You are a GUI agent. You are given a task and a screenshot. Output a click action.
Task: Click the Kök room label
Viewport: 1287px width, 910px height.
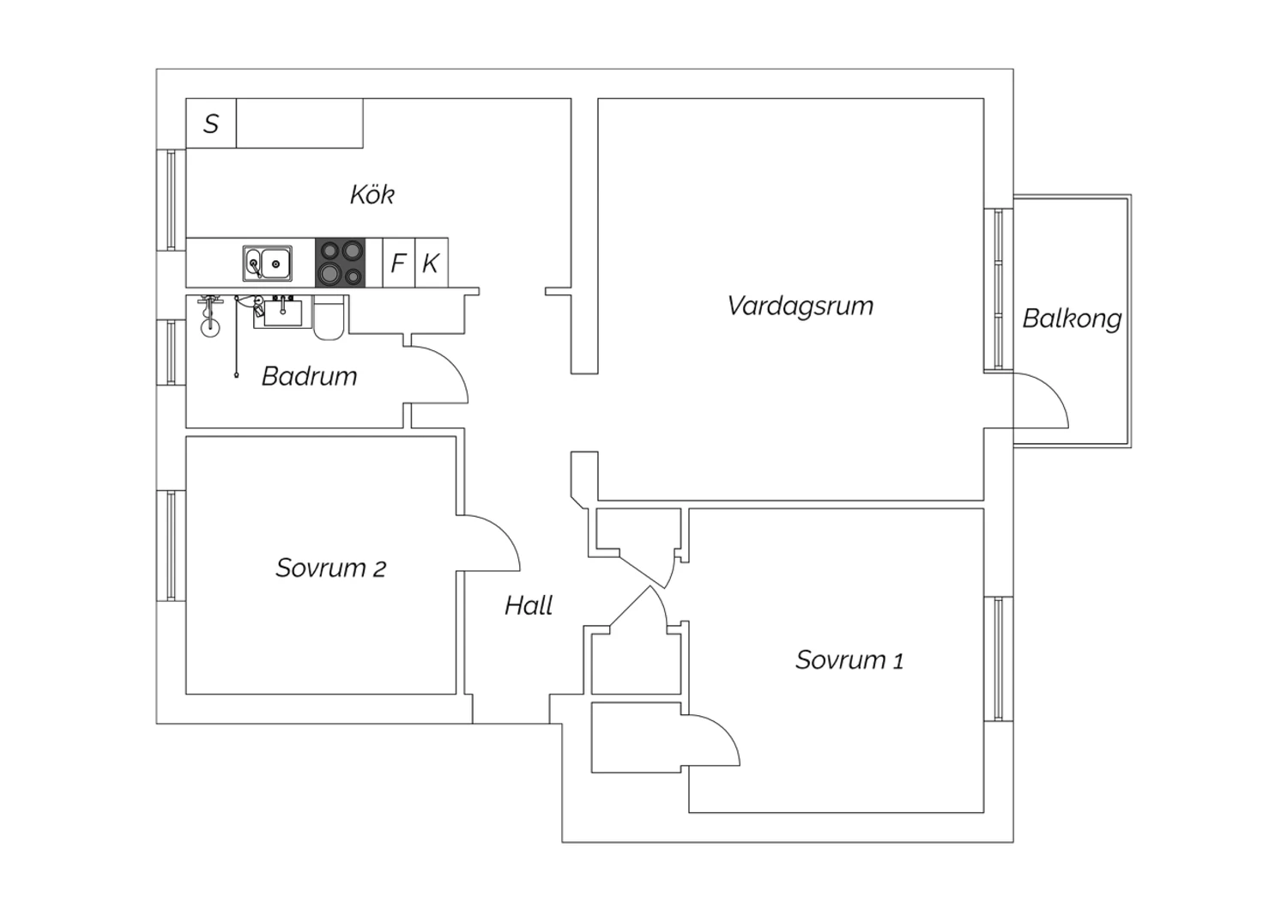click(x=372, y=194)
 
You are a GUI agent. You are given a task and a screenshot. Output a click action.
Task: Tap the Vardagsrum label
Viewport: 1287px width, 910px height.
click(x=801, y=306)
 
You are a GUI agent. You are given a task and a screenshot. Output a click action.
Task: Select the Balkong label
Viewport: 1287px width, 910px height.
click(x=1072, y=319)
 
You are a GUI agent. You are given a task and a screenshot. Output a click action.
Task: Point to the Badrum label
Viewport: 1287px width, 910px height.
click(x=309, y=376)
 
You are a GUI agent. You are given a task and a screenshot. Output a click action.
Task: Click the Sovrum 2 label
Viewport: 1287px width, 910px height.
click(x=331, y=568)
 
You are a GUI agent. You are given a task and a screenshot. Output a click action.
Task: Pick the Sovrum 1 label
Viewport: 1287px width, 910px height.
click(x=849, y=660)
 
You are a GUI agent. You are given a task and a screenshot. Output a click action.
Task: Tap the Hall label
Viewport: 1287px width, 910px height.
click(x=529, y=605)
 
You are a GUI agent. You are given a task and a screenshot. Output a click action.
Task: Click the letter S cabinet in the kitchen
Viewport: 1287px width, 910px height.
click(x=211, y=123)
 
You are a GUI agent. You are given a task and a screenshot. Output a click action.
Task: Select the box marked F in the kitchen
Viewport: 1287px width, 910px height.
click(x=399, y=263)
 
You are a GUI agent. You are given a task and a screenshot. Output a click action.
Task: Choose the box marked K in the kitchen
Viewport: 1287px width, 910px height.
click(x=432, y=263)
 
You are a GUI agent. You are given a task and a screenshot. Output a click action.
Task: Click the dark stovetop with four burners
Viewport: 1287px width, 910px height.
click(x=340, y=263)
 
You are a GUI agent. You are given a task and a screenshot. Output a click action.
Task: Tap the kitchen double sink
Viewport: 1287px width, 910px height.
click(x=267, y=264)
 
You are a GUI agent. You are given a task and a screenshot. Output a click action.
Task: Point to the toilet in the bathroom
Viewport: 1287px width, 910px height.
click(x=329, y=318)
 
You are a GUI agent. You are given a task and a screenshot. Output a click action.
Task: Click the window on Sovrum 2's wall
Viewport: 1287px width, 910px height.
click(x=171, y=546)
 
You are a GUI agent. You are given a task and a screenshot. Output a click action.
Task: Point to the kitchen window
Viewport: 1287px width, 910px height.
click(x=171, y=199)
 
